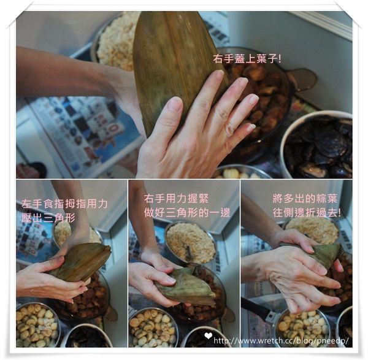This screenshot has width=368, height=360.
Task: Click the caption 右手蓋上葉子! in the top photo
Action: (247, 59)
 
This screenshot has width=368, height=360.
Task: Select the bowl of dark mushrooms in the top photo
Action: (319, 147)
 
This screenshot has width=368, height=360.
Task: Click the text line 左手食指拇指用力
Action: (64, 203)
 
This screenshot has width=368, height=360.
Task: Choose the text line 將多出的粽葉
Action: (303, 198)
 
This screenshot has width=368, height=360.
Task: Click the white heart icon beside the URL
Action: (208, 335)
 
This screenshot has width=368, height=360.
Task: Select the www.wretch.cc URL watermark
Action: (281, 341)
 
